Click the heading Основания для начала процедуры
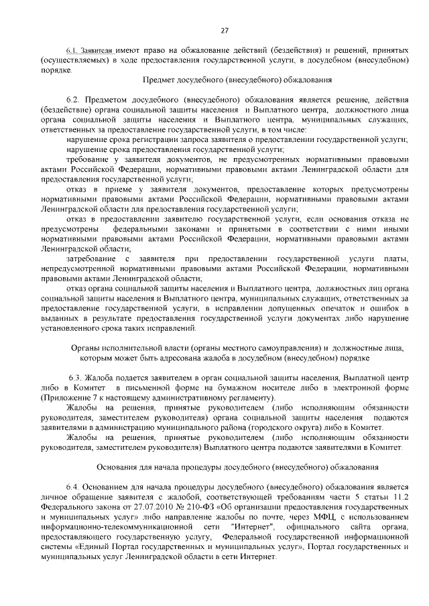pos(237,466)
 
